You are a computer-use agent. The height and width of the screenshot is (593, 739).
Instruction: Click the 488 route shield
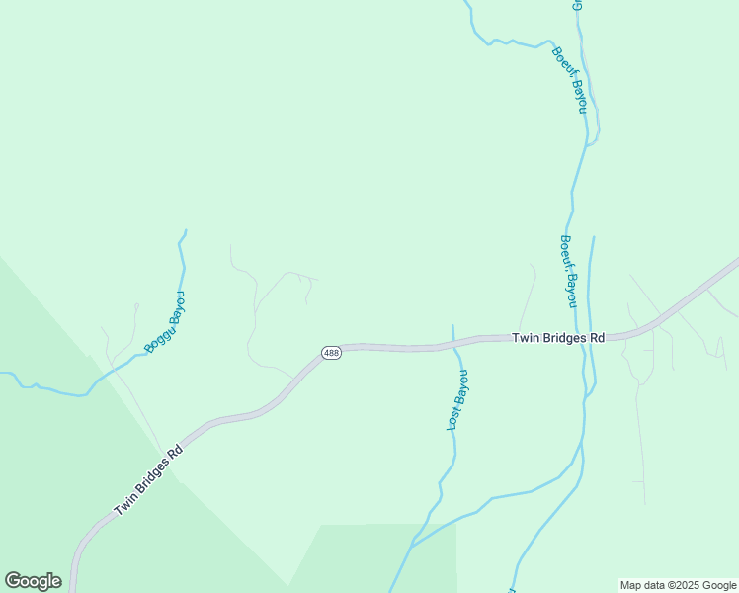point(332,353)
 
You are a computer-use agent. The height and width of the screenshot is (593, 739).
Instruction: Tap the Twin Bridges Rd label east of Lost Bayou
point(558,338)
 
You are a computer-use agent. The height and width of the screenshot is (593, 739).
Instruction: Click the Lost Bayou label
point(456,399)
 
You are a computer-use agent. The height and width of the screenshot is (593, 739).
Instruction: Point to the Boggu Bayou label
point(164,322)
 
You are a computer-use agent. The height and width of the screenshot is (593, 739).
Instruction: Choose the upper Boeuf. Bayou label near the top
point(570,79)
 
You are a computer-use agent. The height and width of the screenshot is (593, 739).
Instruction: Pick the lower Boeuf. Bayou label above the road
point(567,268)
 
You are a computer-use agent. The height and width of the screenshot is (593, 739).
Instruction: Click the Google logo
point(33,581)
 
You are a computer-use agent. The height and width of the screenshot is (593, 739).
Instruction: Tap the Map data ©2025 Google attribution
point(677,585)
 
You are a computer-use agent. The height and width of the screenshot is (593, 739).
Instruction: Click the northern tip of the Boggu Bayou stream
point(185,231)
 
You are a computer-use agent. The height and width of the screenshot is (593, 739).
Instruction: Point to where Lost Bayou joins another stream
point(411,546)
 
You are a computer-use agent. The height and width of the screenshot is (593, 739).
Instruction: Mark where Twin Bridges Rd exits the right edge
point(736,261)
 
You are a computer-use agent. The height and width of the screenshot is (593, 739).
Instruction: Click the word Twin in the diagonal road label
point(124,505)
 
